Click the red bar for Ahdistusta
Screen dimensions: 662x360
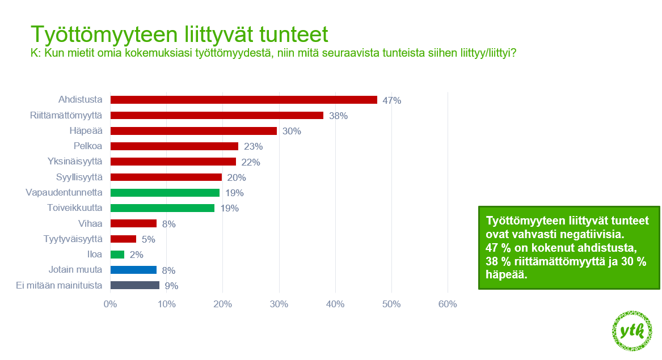[243, 100]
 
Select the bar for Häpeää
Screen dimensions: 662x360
[194, 131]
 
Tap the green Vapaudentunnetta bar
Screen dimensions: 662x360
[165, 192]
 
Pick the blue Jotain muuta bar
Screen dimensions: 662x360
[133, 270]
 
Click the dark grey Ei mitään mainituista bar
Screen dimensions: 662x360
[135, 285]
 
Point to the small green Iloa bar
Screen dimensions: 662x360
[117, 255]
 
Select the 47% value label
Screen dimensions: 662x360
[392, 100]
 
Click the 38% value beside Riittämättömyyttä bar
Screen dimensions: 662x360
[338, 116]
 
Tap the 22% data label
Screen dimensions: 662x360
[251, 162]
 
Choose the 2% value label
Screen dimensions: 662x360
[136, 255]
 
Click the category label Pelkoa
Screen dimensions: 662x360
[88, 146]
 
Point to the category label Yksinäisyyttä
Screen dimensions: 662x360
[75, 161]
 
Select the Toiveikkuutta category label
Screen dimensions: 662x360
[75, 207]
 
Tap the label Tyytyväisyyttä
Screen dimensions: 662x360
[73, 239]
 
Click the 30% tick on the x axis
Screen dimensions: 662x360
[279, 304]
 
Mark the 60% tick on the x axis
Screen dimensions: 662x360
[448, 304]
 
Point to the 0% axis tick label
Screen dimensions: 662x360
[110, 304]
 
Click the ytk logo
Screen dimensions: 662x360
[632, 331]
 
